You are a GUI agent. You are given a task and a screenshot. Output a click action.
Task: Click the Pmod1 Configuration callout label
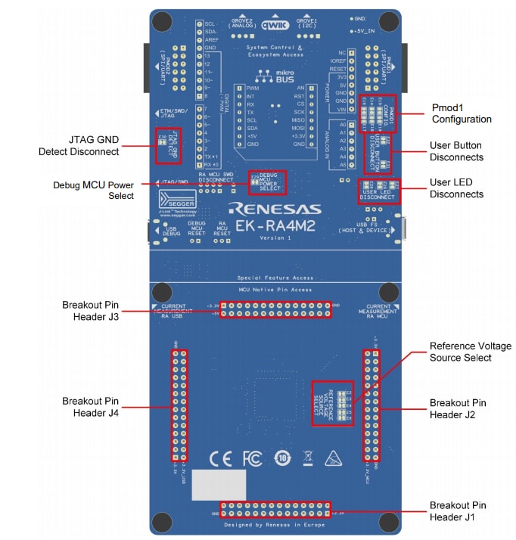(461, 113)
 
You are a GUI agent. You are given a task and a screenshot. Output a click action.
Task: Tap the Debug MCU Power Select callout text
(93, 190)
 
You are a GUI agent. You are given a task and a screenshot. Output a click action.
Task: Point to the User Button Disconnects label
(456, 151)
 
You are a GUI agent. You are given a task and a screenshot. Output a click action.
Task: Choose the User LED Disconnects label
(456, 188)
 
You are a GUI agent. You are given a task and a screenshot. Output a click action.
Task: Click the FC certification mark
(251, 458)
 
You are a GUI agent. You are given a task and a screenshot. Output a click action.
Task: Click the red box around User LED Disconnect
(378, 191)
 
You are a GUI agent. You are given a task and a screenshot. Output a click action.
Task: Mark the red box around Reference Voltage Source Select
(332, 402)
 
